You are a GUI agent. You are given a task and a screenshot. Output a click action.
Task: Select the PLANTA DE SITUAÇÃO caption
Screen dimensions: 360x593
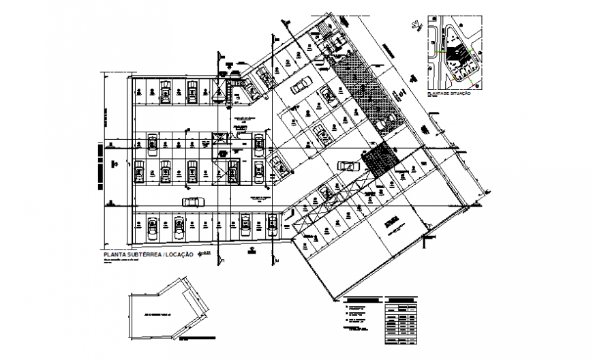[x=448, y=93]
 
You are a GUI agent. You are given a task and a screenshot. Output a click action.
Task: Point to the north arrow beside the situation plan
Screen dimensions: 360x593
[x=413, y=27]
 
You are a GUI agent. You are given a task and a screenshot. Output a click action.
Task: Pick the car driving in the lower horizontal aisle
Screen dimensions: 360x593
[x=193, y=201]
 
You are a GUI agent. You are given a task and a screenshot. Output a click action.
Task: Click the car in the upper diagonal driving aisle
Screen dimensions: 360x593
[x=299, y=87]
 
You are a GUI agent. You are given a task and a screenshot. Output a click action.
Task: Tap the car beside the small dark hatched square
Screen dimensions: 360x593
[x=346, y=165]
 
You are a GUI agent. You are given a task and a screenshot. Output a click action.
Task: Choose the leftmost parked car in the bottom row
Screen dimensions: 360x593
[x=151, y=224]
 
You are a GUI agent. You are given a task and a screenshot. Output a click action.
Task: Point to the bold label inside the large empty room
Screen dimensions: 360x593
[x=391, y=222]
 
